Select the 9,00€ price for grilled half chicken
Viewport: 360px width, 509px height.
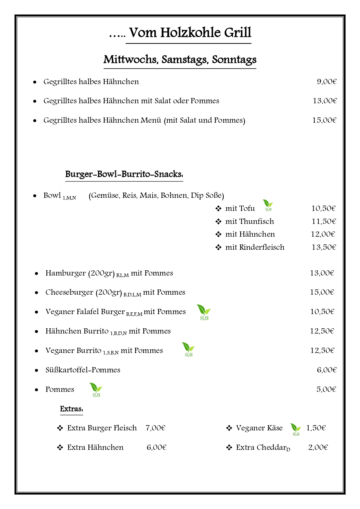coord(326,81)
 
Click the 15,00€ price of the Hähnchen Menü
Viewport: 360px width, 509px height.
coord(324,120)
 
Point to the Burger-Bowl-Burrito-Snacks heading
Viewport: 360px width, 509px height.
coord(124,174)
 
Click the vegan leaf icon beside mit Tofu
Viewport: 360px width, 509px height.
coord(268,205)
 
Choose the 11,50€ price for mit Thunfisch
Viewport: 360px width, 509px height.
coord(324,221)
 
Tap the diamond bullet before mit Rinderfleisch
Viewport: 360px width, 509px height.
coord(218,247)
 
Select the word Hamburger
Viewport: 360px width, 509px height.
coord(66,273)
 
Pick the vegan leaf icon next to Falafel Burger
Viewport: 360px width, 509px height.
coord(204,312)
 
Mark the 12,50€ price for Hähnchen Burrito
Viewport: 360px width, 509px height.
coord(322,331)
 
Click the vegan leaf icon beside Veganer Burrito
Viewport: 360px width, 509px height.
coord(188,349)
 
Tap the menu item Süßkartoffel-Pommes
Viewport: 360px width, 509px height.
coord(83,370)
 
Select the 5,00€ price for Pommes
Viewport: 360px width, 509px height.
coord(326,389)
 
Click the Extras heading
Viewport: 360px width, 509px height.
coord(72,409)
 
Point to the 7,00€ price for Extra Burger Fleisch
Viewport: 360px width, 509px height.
coord(155,428)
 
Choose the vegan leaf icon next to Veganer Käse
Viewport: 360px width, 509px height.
coord(295,429)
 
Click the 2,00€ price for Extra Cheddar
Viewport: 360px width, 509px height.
coord(318,447)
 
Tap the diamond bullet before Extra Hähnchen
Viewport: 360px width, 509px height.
coord(60,448)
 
